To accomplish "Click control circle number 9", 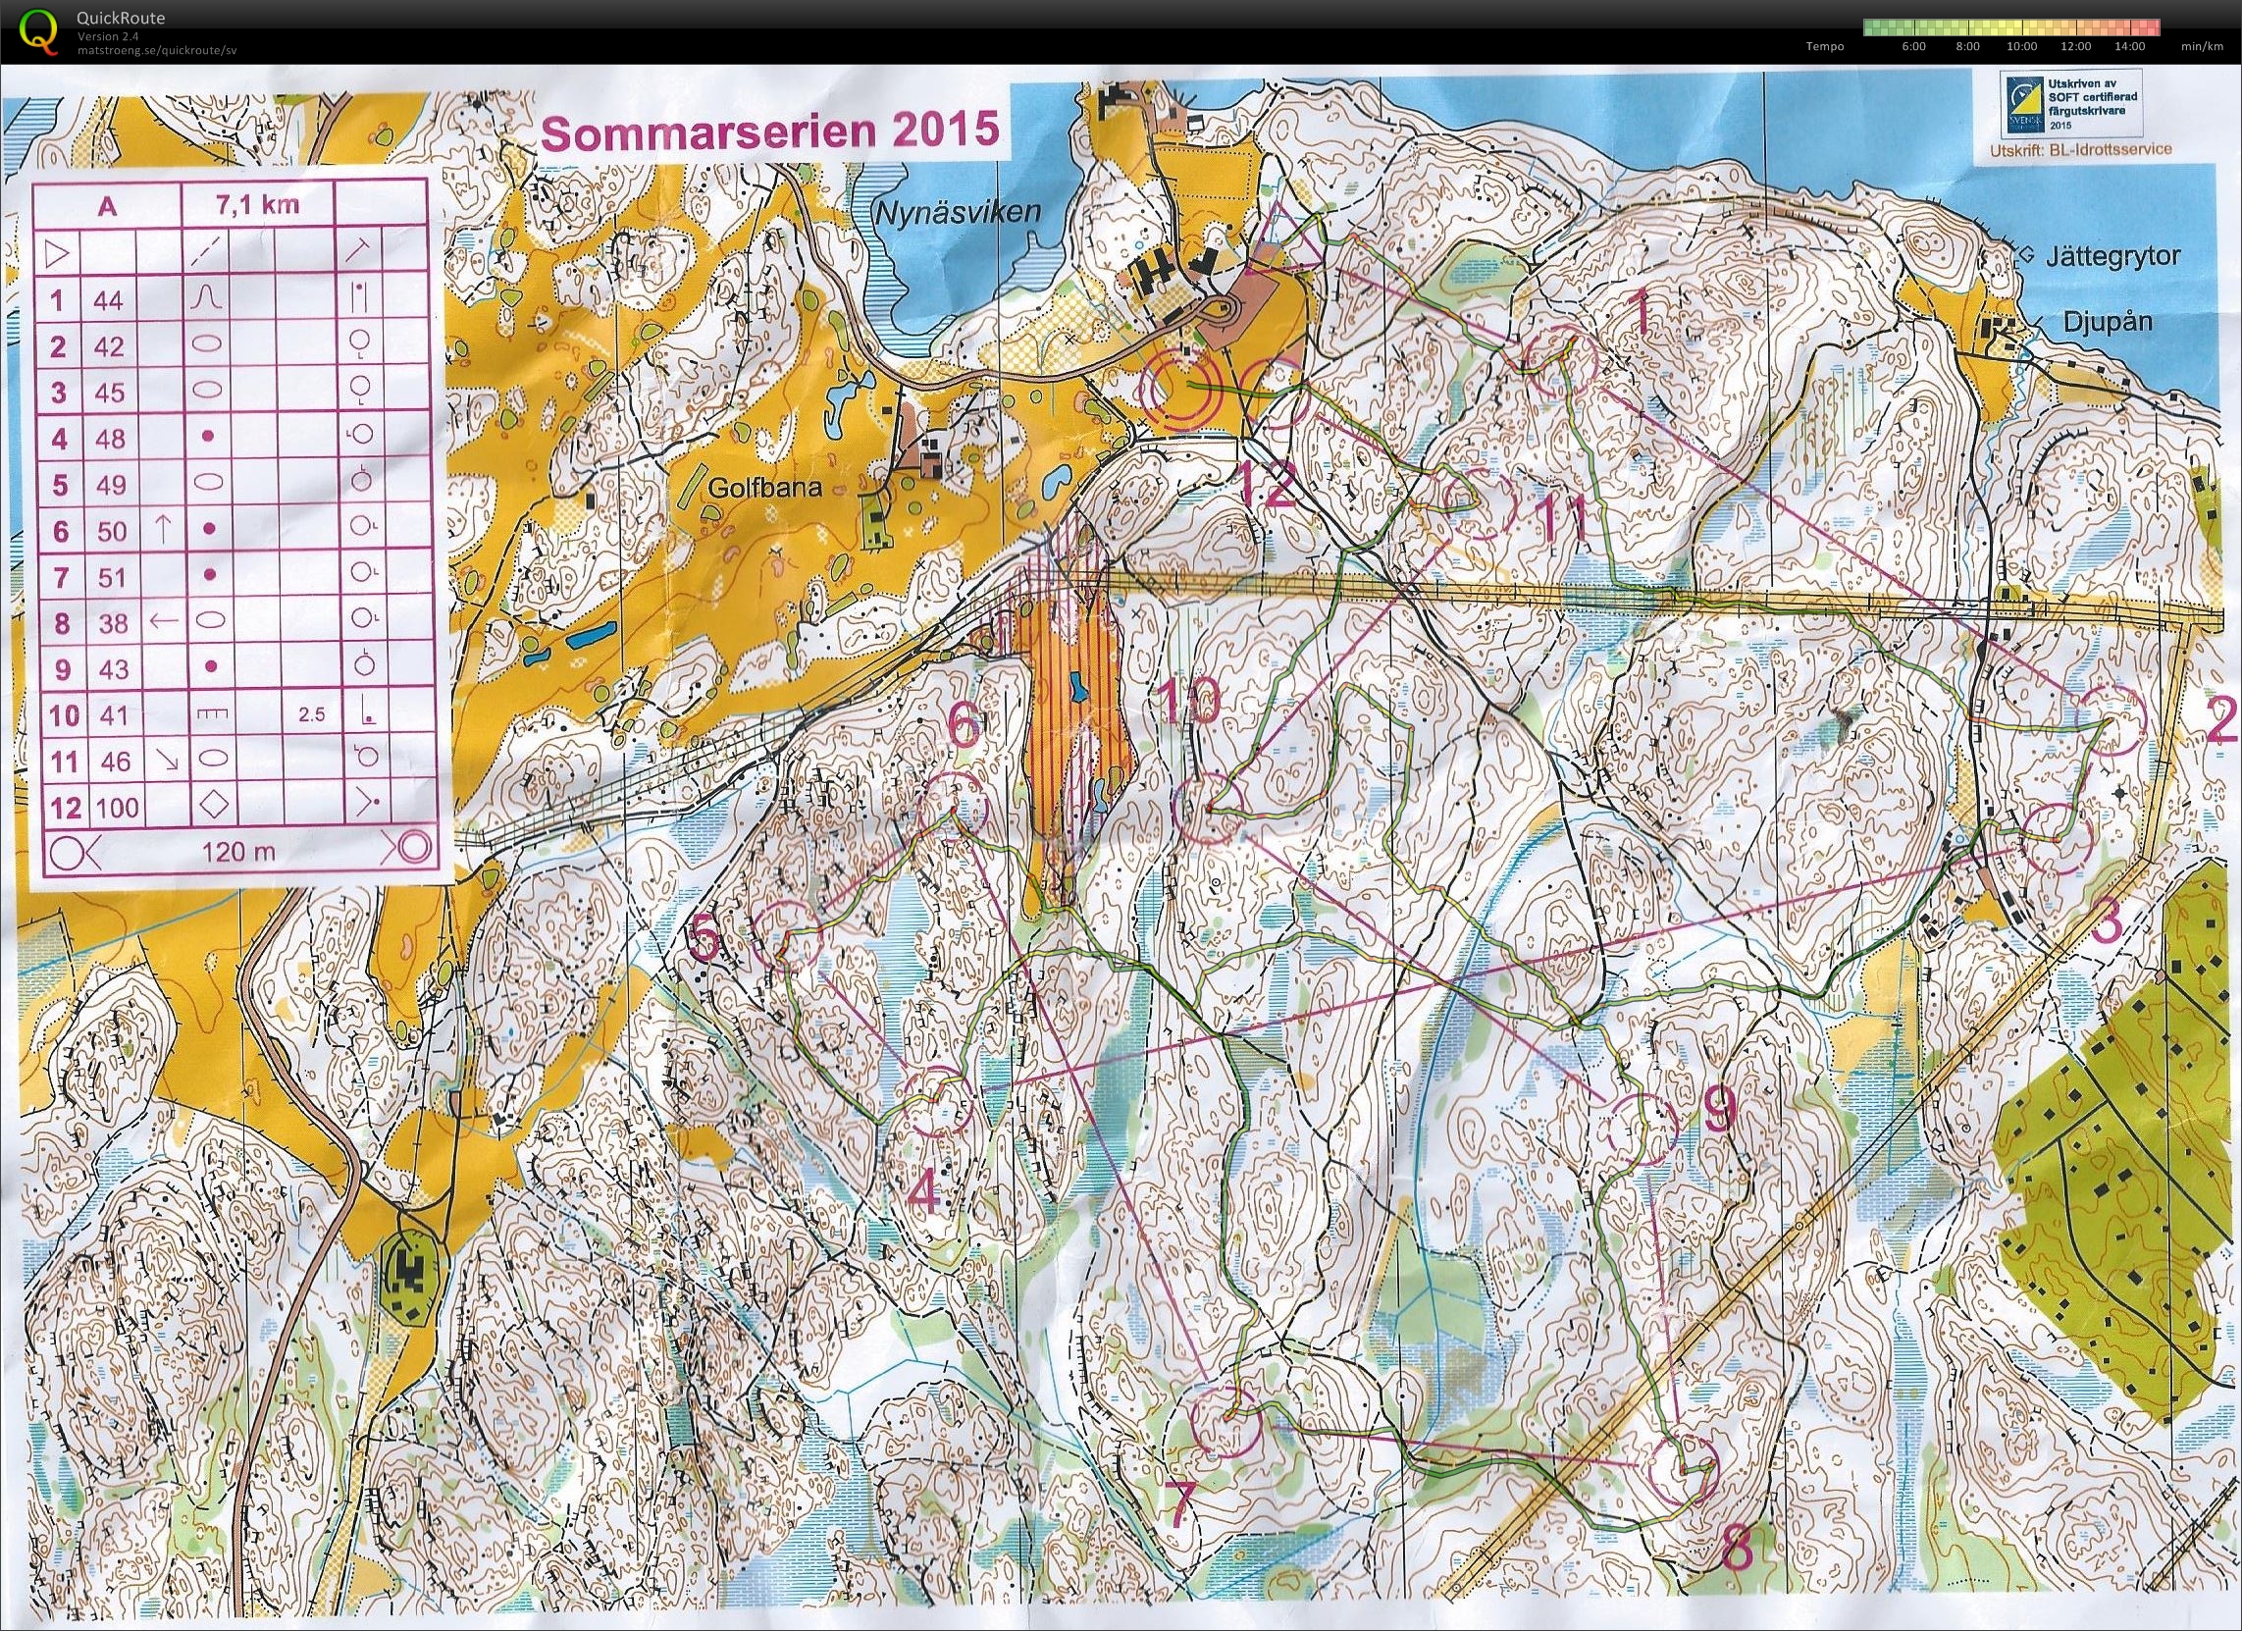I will pos(1642,1128).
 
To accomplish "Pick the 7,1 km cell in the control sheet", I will pos(259,206).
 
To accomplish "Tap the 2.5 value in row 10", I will pos(311,714).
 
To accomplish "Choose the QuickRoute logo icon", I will pos(39,29).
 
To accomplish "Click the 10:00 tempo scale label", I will pos(2022,45).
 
